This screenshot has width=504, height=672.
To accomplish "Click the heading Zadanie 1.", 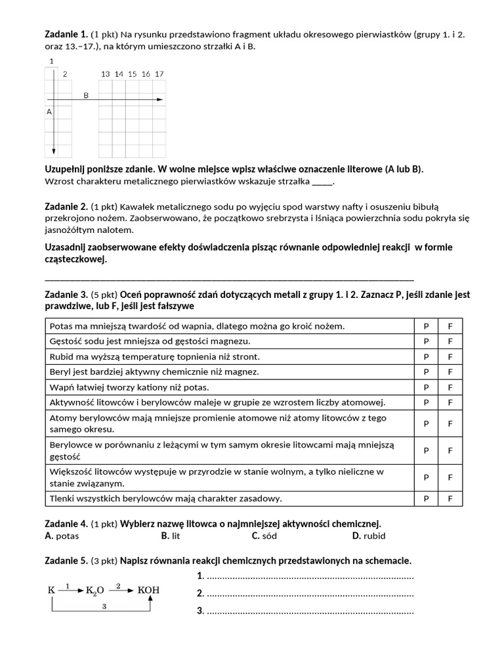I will (66, 33).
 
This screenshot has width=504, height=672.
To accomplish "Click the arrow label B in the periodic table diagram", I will (86, 95).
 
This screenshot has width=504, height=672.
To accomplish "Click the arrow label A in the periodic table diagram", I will (49, 112).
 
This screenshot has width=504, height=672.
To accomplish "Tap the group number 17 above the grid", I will (159, 74).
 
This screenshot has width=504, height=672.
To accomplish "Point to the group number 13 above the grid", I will (105, 74).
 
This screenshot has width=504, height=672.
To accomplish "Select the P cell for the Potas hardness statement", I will (426, 326).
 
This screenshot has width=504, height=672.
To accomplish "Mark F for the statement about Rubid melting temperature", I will (450, 356).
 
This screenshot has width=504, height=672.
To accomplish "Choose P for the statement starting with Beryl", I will (426, 371).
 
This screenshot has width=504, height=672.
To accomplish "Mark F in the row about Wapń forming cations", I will (450, 387).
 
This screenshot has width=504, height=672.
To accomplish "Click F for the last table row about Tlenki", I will (450, 499).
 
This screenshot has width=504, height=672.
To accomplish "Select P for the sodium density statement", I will (426, 341).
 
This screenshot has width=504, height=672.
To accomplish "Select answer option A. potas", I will (62, 535).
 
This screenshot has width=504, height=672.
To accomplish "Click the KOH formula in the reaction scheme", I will (148, 590).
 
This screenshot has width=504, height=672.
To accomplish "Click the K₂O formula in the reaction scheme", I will (94, 591).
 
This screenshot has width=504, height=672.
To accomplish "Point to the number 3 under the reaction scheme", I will (104, 607).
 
